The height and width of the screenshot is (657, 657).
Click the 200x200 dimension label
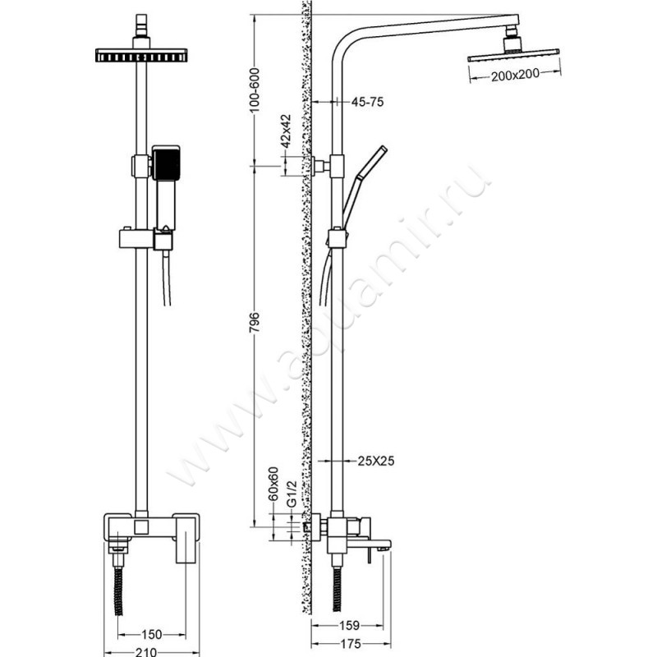pyautogui.click(x=515, y=75)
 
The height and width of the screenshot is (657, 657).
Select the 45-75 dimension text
pyautogui.click(x=367, y=102)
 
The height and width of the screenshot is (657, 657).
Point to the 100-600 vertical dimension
pyautogui.click(x=255, y=90)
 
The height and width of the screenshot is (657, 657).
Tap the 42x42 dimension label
pyautogui.click(x=286, y=131)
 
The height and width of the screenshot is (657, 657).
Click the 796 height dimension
pyautogui.click(x=255, y=322)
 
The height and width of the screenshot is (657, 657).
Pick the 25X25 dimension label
pyautogui.click(x=376, y=461)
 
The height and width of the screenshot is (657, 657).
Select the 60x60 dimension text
pyautogui.click(x=273, y=484)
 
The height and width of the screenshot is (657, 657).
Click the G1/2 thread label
pyautogui.click(x=292, y=494)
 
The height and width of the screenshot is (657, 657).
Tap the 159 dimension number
pyautogui.click(x=349, y=626)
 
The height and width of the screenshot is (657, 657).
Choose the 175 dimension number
pyautogui.click(x=351, y=643)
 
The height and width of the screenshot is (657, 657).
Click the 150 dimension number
pyautogui.click(x=151, y=635)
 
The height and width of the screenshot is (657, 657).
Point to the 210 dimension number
pyautogui.click(x=147, y=652)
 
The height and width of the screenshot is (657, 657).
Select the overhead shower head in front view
pyautogui.click(x=141, y=56)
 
